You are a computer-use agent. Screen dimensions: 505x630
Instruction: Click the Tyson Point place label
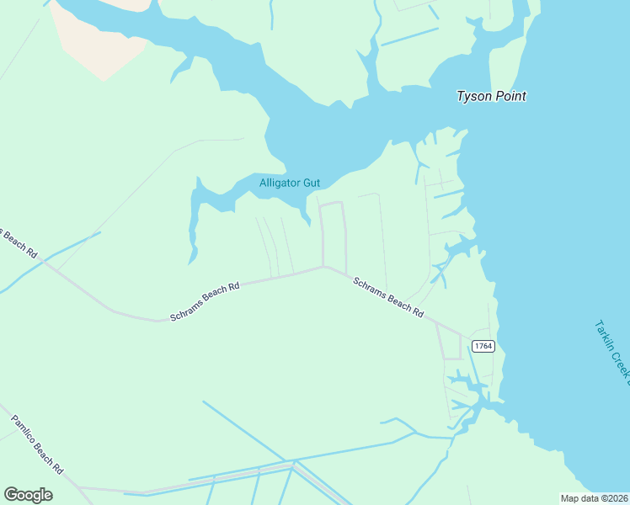(x=491, y=96)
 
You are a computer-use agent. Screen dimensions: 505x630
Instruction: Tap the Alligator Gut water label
(x=289, y=183)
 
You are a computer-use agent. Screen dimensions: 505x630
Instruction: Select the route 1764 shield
(x=483, y=346)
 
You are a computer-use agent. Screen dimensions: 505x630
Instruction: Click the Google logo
(x=28, y=495)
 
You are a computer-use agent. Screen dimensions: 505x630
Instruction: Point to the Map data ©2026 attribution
(x=593, y=498)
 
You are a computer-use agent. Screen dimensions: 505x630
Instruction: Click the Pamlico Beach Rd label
(x=37, y=443)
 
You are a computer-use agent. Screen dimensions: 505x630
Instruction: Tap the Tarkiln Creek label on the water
(x=612, y=348)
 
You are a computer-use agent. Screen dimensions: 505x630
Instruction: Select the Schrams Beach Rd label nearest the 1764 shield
(x=387, y=296)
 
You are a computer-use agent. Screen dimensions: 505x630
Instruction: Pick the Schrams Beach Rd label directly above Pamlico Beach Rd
(x=205, y=300)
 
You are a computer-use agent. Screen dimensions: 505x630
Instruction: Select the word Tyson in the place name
(x=472, y=96)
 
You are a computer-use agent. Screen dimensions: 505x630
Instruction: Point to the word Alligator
(x=279, y=183)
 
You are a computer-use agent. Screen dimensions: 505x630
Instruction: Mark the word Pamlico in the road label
(x=25, y=430)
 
